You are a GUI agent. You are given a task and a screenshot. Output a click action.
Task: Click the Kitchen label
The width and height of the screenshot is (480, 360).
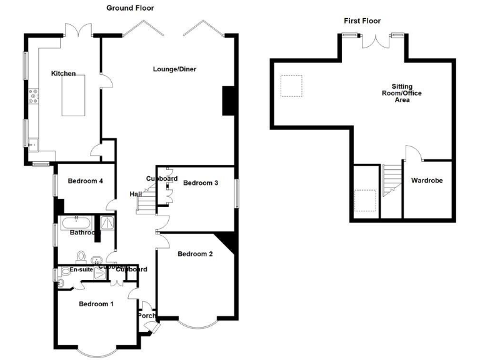pyautogui.click(x=63, y=74)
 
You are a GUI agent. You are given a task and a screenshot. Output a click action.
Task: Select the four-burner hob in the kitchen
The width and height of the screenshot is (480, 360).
pyautogui.click(x=32, y=97)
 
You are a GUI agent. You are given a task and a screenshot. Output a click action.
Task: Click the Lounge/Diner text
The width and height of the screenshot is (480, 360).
pyautogui.click(x=174, y=69)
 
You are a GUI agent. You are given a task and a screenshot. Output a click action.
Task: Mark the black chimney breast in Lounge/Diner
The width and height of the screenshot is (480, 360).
pyautogui.click(x=229, y=101)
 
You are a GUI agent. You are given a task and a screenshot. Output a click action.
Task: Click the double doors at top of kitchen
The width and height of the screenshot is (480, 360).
pyautogui.click(x=80, y=31)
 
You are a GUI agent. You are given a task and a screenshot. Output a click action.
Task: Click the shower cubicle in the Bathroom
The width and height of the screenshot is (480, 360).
pyautogui.click(x=107, y=222)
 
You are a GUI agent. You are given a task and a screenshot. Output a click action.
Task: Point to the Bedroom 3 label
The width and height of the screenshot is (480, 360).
pyautogui.click(x=200, y=183)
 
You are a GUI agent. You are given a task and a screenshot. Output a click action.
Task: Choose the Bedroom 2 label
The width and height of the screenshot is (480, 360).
pyautogui.click(x=195, y=254)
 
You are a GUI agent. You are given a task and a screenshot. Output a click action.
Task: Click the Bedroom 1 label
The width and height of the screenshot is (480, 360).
pyautogui.click(x=96, y=304)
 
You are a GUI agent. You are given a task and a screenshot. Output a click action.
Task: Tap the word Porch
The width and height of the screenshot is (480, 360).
pyautogui.click(x=147, y=316)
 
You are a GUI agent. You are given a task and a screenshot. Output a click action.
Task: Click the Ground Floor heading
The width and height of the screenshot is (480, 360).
pyautogui.click(x=130, y=8)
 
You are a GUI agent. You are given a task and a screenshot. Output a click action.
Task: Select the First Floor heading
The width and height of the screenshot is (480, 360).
pyautogui.click(x=362, y=21)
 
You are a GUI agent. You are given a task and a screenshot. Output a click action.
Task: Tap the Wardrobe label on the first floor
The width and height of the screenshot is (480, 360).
pyautogui.click(x=427, y=181)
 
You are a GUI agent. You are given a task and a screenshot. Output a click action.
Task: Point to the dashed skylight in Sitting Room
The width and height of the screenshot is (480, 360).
pyautogui.click(x=291, y=86)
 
